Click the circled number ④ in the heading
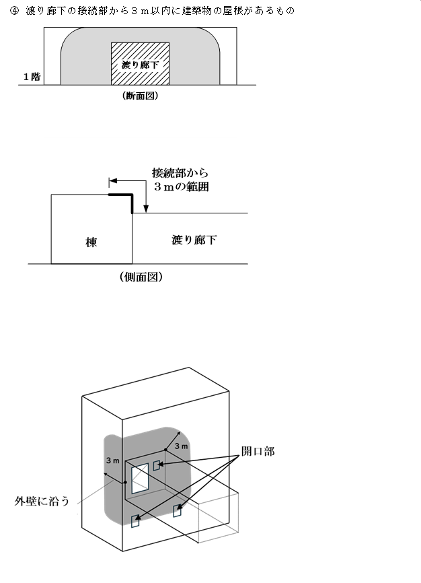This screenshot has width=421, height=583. (14, 11)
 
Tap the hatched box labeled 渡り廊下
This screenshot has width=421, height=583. (140, 63)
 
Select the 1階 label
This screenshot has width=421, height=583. (32, 77)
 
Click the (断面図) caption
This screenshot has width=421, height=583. (140, 96)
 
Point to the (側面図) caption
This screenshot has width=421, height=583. (141, 277)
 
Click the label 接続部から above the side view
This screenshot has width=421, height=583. (180, 173)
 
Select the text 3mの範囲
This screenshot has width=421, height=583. (182, 186)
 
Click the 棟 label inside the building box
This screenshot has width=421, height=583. (91, 242)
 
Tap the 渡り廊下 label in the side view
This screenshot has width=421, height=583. (194, 240)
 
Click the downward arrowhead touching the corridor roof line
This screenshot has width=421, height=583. (146, 209)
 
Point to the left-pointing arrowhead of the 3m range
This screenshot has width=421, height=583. (113, 181)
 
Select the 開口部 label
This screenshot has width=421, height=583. (258, 451)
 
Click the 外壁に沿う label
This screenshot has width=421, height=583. (42, 501)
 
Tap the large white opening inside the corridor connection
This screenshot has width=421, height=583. (140, 479)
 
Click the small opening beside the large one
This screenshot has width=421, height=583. (157, 465)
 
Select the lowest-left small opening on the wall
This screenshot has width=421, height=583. (135, 521)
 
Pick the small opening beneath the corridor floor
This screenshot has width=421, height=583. (178, 511)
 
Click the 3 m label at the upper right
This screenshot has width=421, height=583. (182, 446)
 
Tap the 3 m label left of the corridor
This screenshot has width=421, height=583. (112, 460)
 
